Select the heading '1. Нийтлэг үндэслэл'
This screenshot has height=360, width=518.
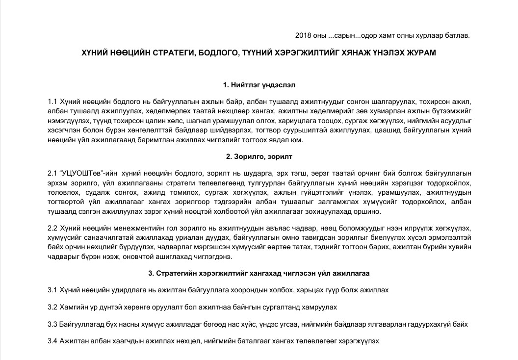(x=259, y=85)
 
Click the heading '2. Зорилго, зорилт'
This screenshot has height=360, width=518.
(x=259, y=156)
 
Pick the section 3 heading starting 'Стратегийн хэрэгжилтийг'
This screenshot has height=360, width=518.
(x=259, y=273)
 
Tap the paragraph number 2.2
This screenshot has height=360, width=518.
(x=52, y=228)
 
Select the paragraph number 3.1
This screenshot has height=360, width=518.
(x=52, y=290)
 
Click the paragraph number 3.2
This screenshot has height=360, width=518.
(x=52, y=307)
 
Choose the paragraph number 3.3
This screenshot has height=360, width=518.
(x=52, y=324)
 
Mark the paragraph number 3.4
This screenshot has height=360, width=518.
(x=52, y=341)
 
